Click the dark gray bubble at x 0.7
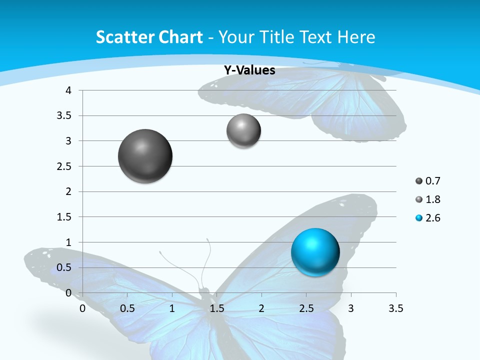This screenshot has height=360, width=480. [145, 156]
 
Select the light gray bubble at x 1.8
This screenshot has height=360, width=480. [243, 131]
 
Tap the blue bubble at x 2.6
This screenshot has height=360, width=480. [315, 252]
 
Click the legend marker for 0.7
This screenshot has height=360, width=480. [419, 181]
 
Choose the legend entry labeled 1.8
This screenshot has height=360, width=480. [432, 199]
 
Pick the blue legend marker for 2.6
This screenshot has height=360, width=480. [419, 218]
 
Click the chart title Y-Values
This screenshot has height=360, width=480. [249, 70]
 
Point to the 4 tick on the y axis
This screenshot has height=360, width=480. [69, 90]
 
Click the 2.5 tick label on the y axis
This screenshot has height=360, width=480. [64, 166]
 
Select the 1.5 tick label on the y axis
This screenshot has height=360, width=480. [64, 217]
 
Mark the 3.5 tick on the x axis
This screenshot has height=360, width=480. [395, 308]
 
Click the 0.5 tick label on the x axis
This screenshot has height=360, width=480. [127, 308]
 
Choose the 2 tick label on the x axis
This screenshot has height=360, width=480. [261, 308]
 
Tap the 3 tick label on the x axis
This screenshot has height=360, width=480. [351, 308]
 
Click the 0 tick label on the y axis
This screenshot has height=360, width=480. [69, 293]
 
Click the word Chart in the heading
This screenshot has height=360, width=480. [181, 37]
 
